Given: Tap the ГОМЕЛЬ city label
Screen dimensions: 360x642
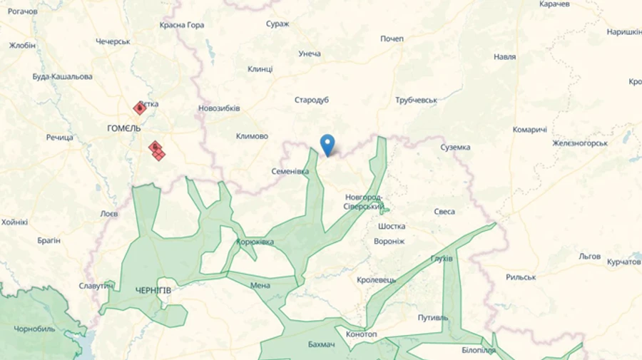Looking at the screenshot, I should click(x=123, y=128).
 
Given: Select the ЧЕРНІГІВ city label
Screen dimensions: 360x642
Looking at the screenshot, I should click(x=153, y=290).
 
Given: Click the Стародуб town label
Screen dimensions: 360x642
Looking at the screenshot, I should click(x=312, y=100).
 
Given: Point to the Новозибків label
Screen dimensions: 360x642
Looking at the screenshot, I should click(x=219, y=108).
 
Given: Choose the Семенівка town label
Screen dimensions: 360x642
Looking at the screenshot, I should click(x=290, y=172).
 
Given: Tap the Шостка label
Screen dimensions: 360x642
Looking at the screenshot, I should click(x=392, y=226).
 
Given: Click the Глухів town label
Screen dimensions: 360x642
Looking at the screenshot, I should click(x=442, y=258).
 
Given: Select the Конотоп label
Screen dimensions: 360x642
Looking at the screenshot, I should click(x=361, y=334).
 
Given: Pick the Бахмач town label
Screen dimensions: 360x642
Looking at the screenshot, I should click(x=322, y=345).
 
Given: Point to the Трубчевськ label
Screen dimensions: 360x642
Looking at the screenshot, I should click(x=416, y=101).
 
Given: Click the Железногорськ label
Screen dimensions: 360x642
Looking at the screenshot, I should click(x=580, y=143).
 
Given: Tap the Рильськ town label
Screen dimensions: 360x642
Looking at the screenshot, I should click(x=520, y=277).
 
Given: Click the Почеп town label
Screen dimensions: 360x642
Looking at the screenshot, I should click(x=392, y=38).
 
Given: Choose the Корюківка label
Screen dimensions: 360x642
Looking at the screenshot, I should click(x=255, y=242).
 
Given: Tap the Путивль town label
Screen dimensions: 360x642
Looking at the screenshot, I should click(x=433, y=317).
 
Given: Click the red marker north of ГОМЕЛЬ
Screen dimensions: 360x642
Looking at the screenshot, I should click(x=140, y=108).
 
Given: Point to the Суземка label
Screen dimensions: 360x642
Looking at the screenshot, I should click(x=455, y=148).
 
